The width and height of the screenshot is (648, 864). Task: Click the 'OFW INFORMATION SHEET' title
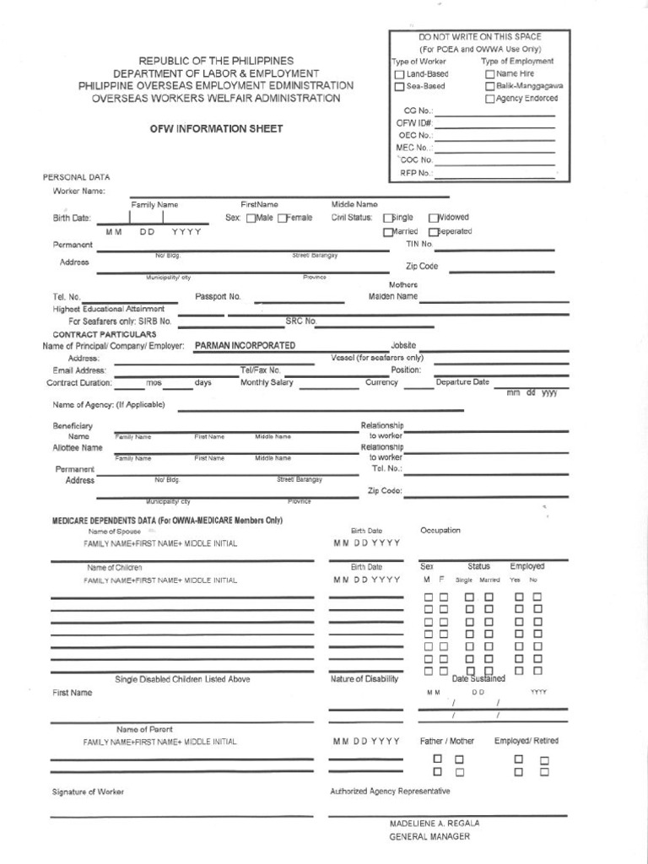(216, 129)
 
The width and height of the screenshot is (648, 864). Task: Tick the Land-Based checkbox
(400, 74)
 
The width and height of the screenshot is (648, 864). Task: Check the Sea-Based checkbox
(400, 87)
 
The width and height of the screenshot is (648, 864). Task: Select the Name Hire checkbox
(489, 74)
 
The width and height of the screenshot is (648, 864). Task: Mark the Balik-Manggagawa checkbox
(489, 87)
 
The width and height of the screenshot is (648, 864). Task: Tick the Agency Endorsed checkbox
(489, 100)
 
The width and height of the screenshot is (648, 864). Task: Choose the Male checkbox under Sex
(251, 219)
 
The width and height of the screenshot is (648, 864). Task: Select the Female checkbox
(282, 219)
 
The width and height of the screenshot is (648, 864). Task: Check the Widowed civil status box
(434, 218)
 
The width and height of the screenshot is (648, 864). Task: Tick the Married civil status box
(388, 232)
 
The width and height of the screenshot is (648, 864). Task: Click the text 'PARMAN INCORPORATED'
(245, 346)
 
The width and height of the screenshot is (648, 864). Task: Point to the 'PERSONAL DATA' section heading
(76, 177)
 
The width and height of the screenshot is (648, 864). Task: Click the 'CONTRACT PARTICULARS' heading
(100, 335)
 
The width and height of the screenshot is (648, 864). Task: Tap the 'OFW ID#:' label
(414, 123)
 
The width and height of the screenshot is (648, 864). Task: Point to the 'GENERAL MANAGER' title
(429, 837)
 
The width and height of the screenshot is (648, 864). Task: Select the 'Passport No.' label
(218, 297)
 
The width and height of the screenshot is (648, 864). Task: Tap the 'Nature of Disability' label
(364, 679)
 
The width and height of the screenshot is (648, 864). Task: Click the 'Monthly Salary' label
(267, 382)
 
